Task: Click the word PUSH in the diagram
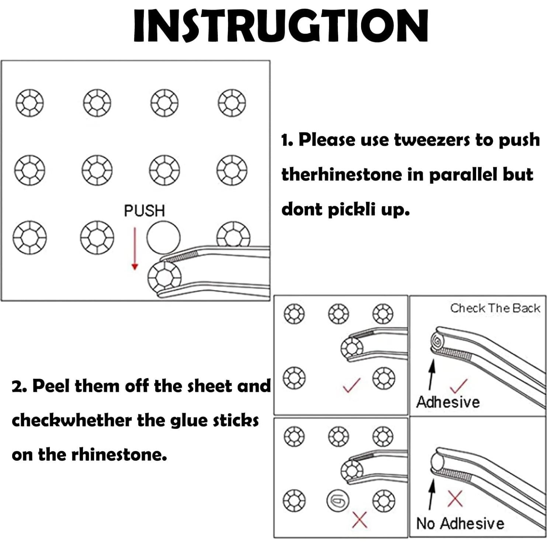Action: [144, 211]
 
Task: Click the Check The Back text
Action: [495, 308]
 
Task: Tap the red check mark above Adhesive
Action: [459, 386]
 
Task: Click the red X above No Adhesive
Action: [455, 499]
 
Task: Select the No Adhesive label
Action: [460, 523]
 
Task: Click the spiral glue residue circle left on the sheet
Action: [338, 501]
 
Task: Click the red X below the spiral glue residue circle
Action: [359, 520]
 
